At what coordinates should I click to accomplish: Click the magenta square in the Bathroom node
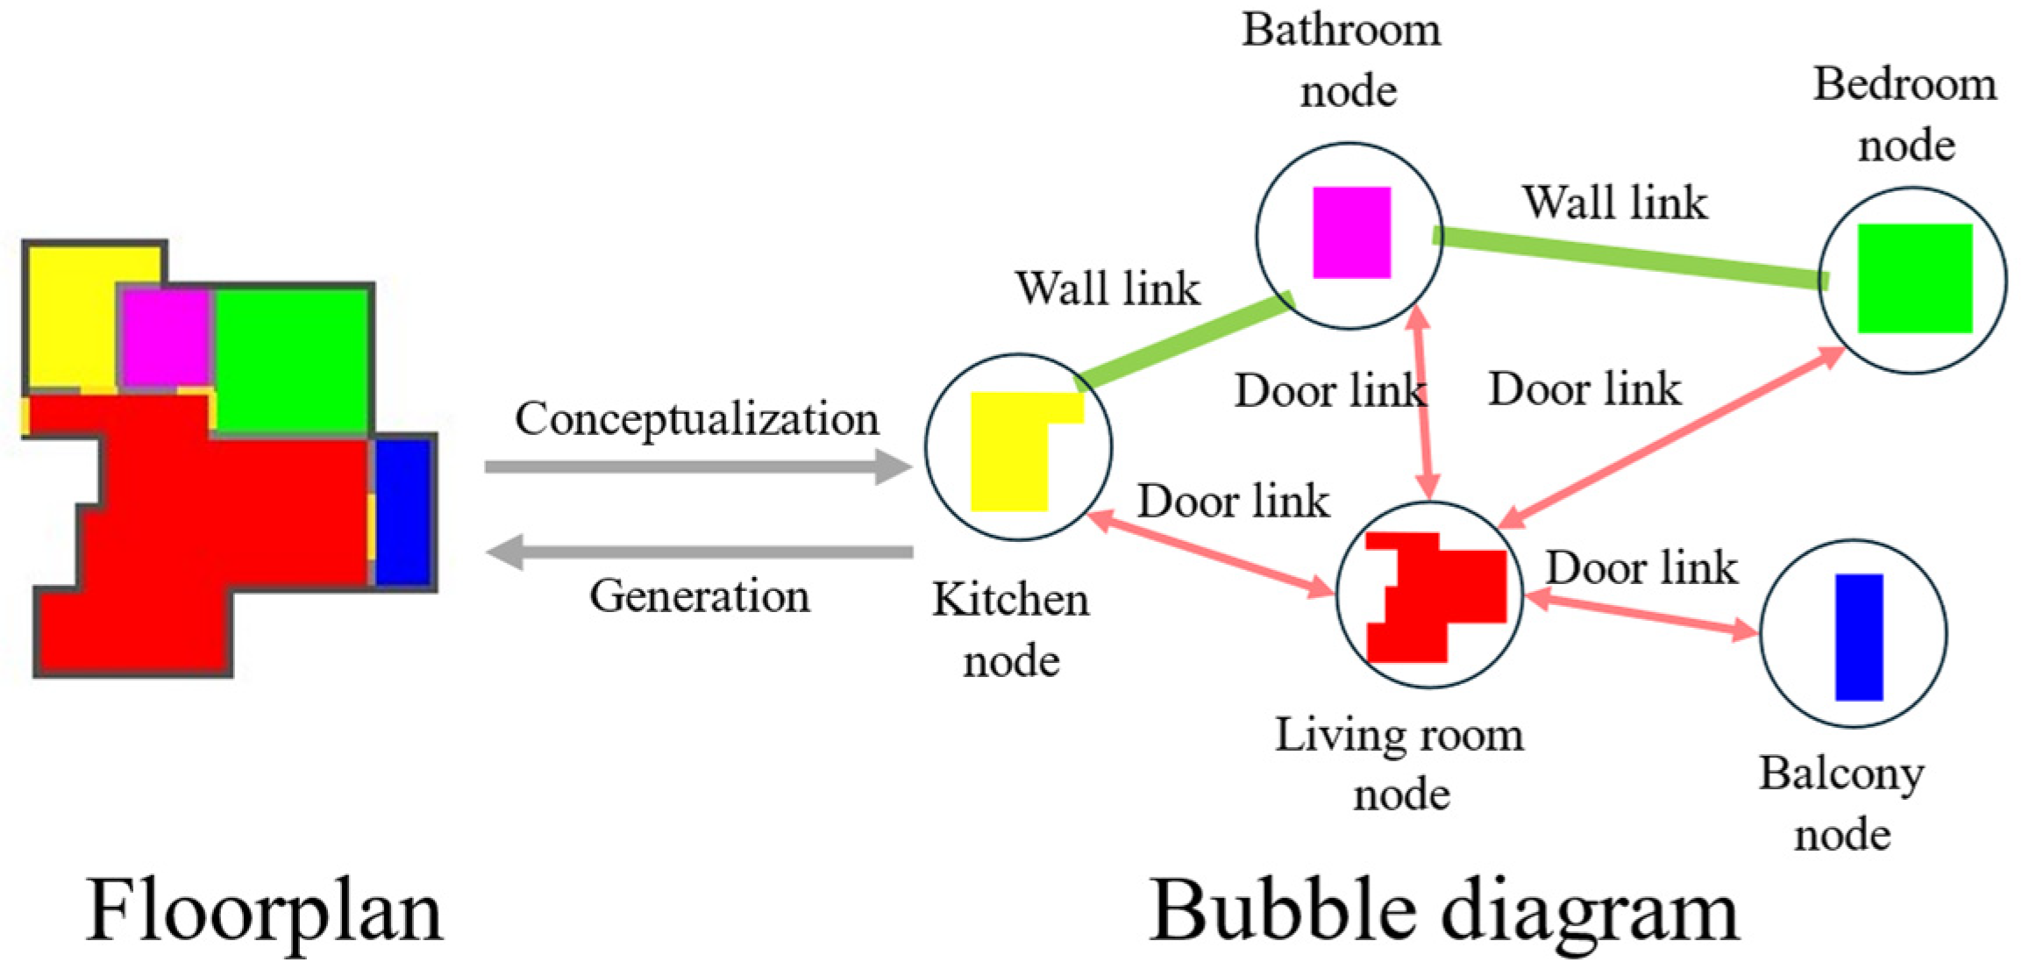point(1351,232)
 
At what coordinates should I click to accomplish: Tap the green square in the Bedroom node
point(1915,278)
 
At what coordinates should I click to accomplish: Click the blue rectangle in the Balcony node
point(1859,637)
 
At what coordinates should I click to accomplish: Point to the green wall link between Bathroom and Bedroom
point(1631,258)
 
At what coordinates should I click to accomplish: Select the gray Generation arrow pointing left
point(699,552)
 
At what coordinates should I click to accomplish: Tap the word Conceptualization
point(696,420)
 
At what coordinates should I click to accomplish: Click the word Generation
point(699,596)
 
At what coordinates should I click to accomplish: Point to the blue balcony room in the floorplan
point(403,512)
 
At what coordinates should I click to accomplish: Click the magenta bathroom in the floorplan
point(165,338)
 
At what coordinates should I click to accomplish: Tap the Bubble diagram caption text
point(1443,912)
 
